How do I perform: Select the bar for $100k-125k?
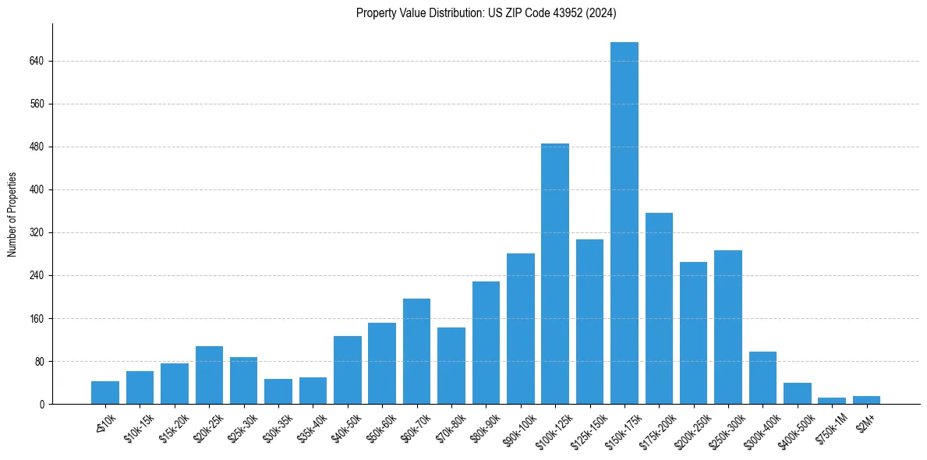(x=555, y=274)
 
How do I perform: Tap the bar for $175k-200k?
(x=659, y=308)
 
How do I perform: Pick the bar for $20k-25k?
(x=209, y=375)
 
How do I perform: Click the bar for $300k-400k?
(x=762, y=378)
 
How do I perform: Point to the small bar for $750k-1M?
(x=832, y=401)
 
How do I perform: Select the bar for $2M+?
(x=866, y=400)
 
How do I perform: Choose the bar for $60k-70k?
(x=416, y=351)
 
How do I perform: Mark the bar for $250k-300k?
(x=728, y=327)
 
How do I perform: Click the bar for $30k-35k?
(x=278, y=391)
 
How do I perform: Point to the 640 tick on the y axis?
(x=37, y=61)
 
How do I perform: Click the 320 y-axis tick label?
(x=37, y=232)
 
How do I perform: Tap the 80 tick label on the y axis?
(x=39, y=362)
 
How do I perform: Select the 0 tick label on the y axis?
(x=42, y=405)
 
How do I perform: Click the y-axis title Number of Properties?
(x=12, y=214)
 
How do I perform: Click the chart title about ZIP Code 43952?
(x=486, y=12)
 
